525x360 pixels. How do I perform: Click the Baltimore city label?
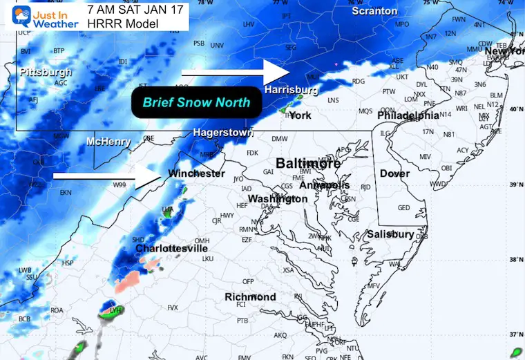[308, 163]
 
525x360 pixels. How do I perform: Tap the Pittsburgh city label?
[46, 72]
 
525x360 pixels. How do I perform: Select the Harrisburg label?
[291, 90]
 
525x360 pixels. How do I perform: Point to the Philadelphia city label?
[408, 115]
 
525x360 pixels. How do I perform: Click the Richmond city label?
[250, 297]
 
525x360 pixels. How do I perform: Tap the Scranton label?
[374, 11]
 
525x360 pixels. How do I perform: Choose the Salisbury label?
[390, 234]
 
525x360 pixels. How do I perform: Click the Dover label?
[394, 173]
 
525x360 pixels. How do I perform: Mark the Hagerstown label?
[220, 131]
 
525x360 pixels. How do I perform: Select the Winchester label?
[197, 173]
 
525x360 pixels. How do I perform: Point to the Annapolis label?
[325, 186]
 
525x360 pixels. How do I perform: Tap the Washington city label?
[277, 199]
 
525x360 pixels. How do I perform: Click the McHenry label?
[108, 142]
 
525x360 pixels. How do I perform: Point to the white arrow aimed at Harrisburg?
[235, 71]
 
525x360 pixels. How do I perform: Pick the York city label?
[300, 115]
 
